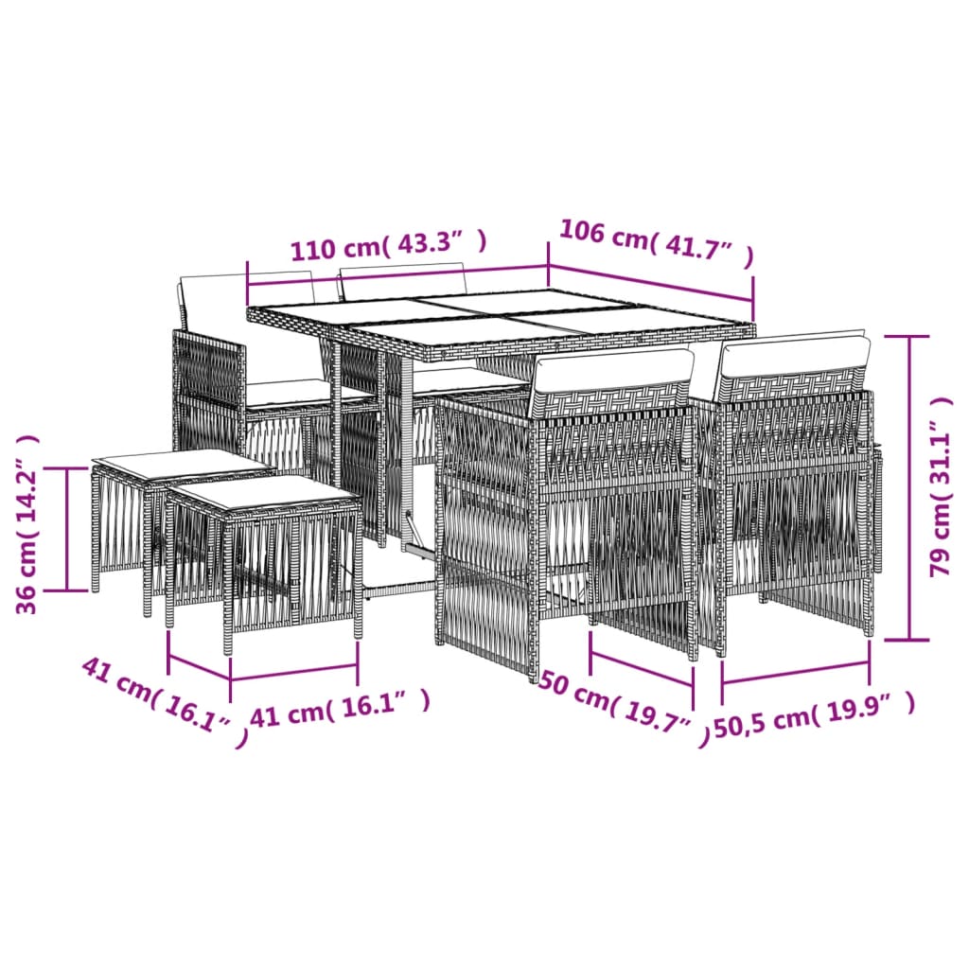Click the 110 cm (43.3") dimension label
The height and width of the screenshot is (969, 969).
coord(388,246)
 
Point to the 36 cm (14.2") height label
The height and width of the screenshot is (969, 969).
coord(29,524)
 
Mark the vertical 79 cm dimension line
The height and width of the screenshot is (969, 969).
coord(910,487)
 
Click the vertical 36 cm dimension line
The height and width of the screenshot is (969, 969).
coord(67,528)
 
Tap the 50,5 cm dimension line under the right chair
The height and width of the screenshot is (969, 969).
coord(795,674)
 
